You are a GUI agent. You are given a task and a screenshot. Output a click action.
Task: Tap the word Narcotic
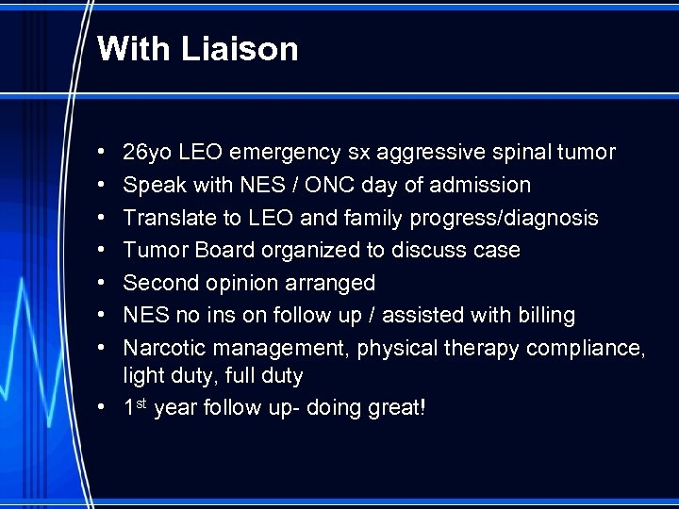[163, 348]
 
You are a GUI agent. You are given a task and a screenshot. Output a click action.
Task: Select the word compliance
[586, 348]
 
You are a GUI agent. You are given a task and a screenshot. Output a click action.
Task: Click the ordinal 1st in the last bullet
[135, 409]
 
